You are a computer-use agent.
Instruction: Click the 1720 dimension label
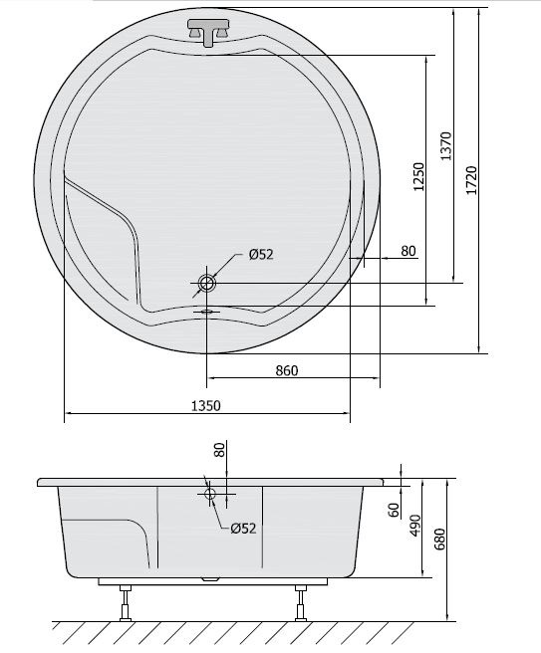pyautogui.click(x=471, y=180)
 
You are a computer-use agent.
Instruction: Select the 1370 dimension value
pyautogui.click(x=446, y=145)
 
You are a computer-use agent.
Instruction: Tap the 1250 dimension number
pyautogui.click(x=418, y=176)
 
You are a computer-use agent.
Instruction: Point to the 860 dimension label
pyautogui.click(x=287, y=370)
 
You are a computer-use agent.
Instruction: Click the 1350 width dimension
pyautogui.click(x=205, y=405)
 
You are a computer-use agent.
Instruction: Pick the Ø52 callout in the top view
pyautogui.click(x=261, y=254)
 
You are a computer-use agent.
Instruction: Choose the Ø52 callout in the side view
pyautogui.click(x=243, y=529)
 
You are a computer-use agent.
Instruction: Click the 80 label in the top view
pyautogui.click(x=408, y=251)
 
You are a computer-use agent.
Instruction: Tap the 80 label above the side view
pyautogui.click(x=219, y=450)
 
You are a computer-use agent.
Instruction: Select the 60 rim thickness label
pyautogui.click(x=394, y=510)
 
